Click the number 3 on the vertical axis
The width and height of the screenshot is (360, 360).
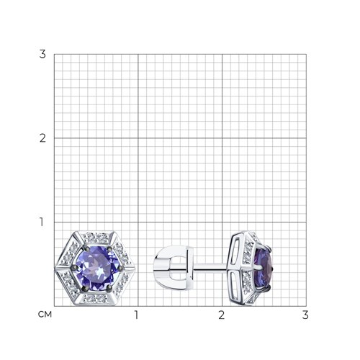click(x=42, y=54)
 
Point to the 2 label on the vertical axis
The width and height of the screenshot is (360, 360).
click(x=42, y=138)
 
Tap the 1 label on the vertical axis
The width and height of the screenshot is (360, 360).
click(x=42, y=222)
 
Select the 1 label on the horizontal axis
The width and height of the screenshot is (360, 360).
click(x=137, y=315)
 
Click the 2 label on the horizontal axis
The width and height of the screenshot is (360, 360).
click(x=222, y=315)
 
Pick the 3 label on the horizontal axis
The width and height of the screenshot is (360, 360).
click(x=305, y=315)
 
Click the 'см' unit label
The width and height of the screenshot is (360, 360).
click(x=45, y=315)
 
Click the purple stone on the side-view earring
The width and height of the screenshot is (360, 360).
click(x=264, y=268)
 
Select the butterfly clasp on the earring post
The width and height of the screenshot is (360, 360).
click(x=174, y=266)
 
